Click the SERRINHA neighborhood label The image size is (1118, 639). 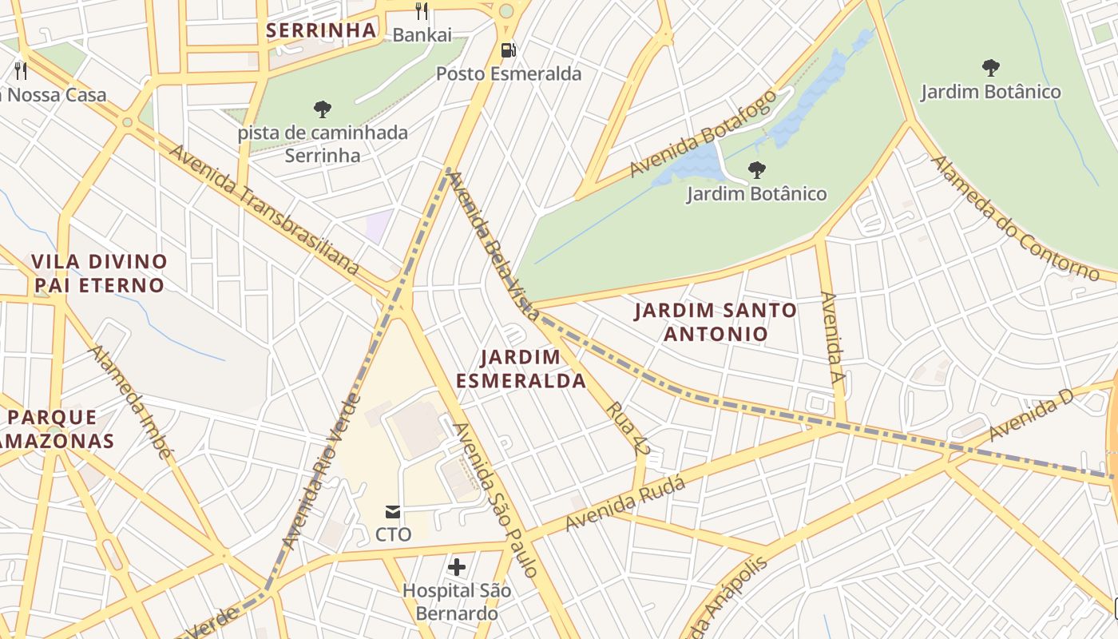click(x=320, y=30)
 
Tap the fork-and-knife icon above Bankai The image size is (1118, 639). click(x=422, y=11)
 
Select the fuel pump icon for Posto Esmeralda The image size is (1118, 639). click(x=508, y=50)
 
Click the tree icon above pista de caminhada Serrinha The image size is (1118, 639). click(x=323, y=109)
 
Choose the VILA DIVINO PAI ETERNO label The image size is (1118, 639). click(x=99, y=273)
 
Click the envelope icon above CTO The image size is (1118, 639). click(x=393, y=511)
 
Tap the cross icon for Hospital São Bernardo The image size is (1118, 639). click(x=457, y=567)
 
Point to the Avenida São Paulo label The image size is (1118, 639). click(x=496, y=499)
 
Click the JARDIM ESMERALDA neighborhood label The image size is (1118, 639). click(x=521, y=368)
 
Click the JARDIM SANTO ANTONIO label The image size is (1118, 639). click(x=716, y=321)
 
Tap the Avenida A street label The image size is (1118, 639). click(x=833, y=338)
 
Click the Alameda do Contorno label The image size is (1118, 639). click(x=1014, y=218)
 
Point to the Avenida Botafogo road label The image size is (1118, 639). click(x=703, y=133)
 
